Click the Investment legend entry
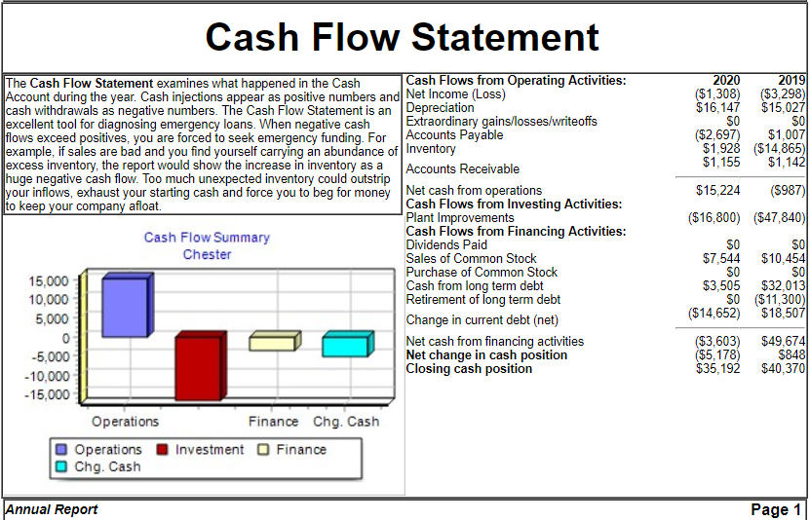pos(200,450)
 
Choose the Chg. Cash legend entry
pos(97,466)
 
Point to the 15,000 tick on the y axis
pos(48,281)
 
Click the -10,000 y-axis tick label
pos(47,376)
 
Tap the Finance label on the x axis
pos(273,422)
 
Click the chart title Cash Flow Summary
pos(207,238)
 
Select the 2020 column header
pos(726,81)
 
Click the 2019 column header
pos(791,81)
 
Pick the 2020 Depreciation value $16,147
pos(718,108)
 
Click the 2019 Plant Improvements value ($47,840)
pos(780,218)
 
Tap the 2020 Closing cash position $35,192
pos(718,369)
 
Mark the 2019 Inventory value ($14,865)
pos(780,149)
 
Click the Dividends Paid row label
pos(446,245)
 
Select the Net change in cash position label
pos(486,354)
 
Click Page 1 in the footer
pos(775,509)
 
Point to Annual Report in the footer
pos(52,509)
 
